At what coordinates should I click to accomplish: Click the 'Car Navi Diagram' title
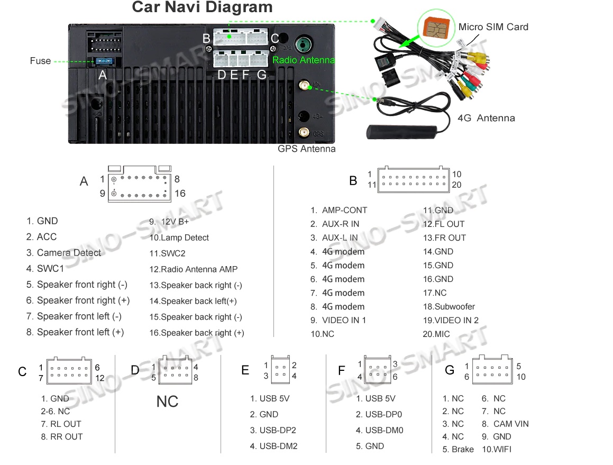point(202,8)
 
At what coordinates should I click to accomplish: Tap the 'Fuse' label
point(40,61)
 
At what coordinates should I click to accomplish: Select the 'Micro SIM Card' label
point(493,27)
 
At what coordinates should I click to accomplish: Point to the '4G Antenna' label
point(486,118)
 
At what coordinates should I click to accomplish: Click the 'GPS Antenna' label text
point(306,149)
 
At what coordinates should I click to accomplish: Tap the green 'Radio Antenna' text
point(304,60)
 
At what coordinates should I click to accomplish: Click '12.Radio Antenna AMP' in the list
point(194,269)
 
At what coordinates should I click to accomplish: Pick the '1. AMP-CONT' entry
point(338,211)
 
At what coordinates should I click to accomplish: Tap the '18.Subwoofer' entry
point(449,307)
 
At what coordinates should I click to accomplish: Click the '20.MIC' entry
point(436,334)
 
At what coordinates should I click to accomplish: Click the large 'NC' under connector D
point(167,402)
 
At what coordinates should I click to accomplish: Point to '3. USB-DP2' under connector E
point(273,431)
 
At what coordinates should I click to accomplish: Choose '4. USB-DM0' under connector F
point(379,431)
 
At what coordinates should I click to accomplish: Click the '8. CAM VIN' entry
point(505,424)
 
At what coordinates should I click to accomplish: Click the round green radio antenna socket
point(304,43)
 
